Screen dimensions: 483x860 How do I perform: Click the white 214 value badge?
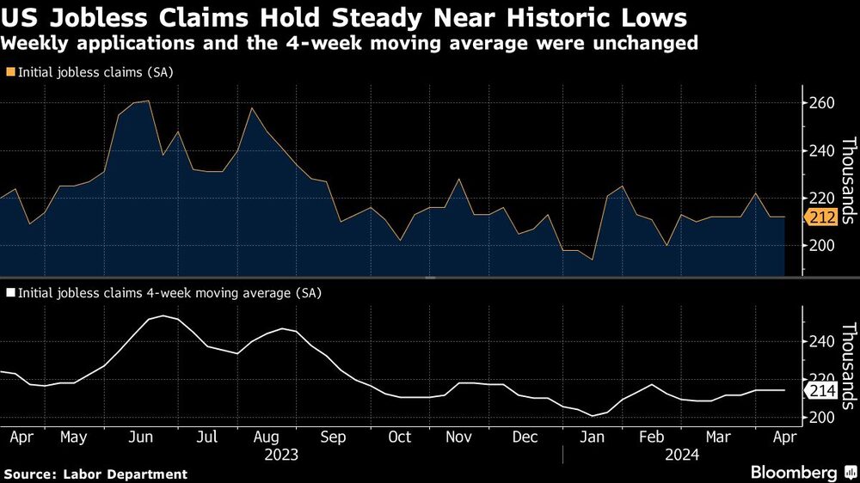point(822,391)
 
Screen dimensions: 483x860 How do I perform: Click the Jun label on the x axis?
point(140,437)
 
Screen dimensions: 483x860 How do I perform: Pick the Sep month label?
point(332,437)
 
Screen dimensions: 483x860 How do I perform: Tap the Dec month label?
point(526,437)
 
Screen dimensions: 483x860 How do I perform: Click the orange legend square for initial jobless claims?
point(9,73)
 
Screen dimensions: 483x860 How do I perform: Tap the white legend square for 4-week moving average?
point(9,293)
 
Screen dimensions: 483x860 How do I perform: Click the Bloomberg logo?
point(799,473)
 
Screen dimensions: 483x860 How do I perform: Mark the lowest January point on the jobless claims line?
point(592,260)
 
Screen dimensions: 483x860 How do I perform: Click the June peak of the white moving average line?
point(163,315)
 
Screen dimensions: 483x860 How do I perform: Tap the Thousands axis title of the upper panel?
point(847,180)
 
